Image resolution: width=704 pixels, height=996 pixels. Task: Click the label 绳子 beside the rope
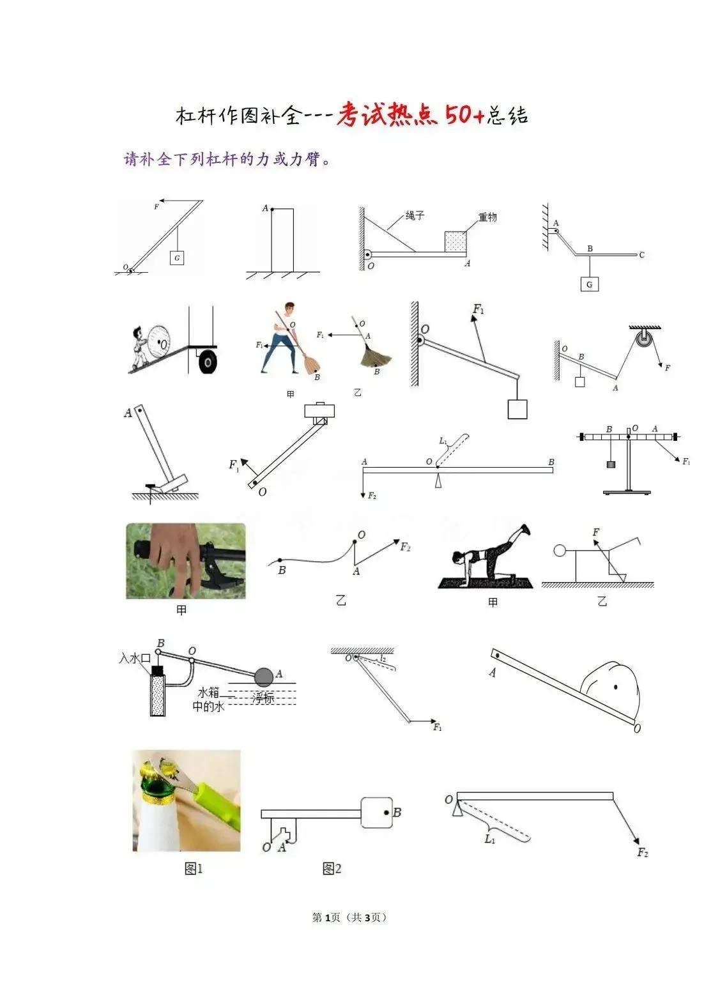tap(415, 216)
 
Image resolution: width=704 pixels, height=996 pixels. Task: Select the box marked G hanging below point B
tap(589, 284)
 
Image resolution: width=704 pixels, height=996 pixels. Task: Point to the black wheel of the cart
tap(207, 361)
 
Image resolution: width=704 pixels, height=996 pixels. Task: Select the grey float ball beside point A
tap(263, 677)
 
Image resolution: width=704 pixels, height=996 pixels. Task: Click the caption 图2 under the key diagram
tap(332, 868)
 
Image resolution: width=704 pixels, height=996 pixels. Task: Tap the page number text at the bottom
tap(349, 917)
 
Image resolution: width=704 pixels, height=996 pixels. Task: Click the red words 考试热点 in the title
tap(387, 114)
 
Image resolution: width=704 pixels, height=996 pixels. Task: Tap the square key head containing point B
tap(376, 813)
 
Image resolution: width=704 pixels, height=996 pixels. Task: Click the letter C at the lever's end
tap(641, 255)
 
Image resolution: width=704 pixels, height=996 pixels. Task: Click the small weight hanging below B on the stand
tap(611, 464)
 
